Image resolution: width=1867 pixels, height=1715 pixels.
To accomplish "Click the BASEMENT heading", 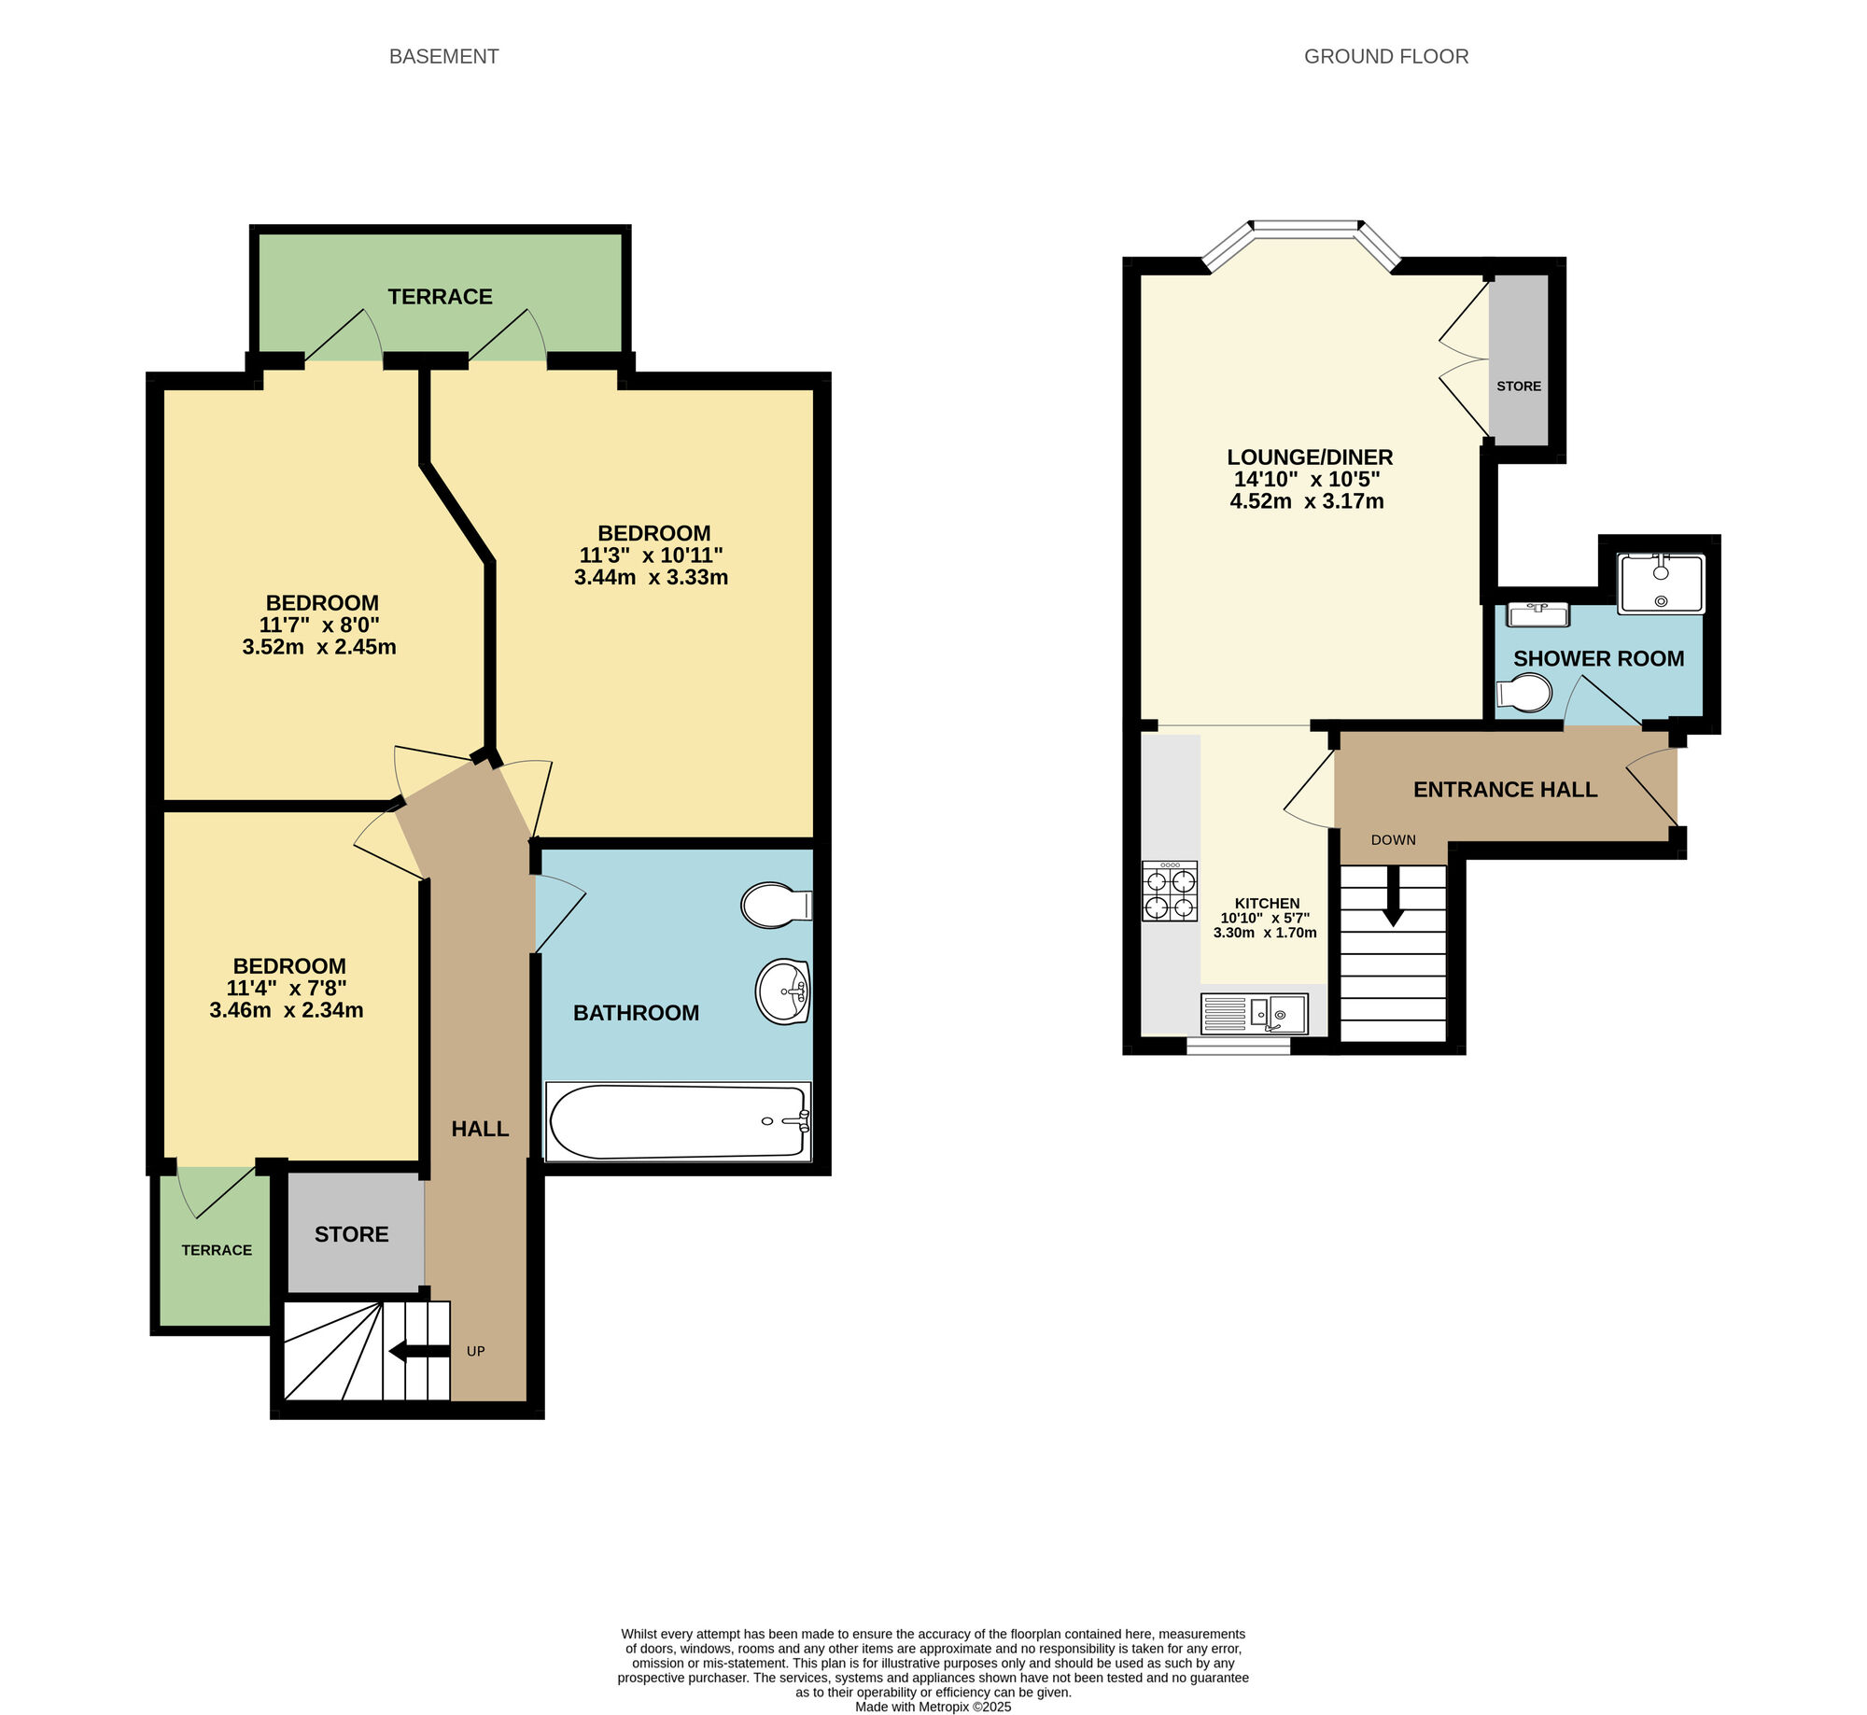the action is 443,57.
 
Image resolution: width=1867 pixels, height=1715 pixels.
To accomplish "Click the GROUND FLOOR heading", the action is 1386,57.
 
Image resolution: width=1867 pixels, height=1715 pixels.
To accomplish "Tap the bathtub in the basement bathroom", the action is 679,1121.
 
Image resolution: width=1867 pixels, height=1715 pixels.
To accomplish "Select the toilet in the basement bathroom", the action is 777,905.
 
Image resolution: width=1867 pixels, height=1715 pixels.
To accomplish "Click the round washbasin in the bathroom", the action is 782,991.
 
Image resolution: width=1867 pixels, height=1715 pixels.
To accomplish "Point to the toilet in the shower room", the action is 1524,694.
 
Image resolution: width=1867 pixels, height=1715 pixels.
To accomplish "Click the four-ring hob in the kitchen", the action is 1170,892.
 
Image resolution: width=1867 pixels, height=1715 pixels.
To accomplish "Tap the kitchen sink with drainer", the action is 1254,1013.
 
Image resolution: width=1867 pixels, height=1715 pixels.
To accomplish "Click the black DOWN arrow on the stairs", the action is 1393,896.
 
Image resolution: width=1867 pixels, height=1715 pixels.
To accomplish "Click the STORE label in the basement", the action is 352,1234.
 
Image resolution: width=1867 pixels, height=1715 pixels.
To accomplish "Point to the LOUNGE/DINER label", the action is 1310,457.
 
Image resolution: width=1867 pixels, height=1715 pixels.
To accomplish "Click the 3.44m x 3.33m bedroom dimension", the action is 652,577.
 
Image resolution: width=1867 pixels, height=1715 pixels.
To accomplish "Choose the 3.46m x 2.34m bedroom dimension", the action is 287,1010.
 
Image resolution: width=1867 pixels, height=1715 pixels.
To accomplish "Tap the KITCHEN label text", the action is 1267,903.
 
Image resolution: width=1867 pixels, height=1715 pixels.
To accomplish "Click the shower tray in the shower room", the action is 1662,583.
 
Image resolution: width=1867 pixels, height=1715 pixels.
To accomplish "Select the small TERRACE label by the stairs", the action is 217,1250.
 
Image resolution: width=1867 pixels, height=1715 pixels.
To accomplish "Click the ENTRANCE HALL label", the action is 1506,790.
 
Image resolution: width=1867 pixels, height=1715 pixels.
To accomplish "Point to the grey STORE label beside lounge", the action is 1519,387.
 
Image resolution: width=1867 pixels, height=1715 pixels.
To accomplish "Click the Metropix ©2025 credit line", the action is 933,1707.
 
